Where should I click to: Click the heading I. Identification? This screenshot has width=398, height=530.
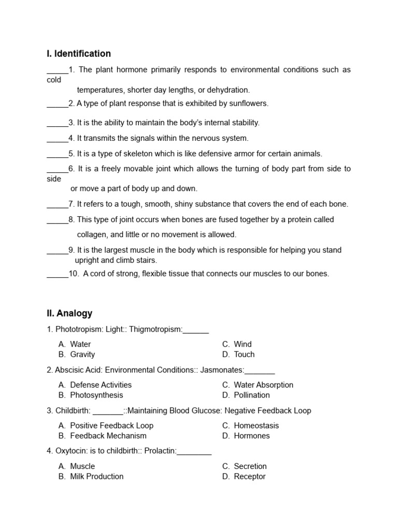pyautogui.click(x=79, y=54)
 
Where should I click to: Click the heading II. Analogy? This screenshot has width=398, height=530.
pyautogui.click(x=69, y=313)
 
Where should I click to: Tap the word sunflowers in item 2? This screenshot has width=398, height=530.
pyautogui.click(x=248, y=104)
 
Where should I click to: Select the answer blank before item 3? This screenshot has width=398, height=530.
pyautogui.click(x=58, y=123)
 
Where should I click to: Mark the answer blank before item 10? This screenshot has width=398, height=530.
pyautogui.click(x=58, y=274)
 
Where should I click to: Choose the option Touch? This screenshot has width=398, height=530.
pyautogui.click(x=244, y=355)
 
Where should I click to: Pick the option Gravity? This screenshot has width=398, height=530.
pyautogui.click(x=82, y=355)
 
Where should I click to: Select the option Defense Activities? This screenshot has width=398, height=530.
pyautogui.click(x=101, y=385)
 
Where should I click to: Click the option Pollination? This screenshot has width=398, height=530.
pyautogui.click(x=252, y=395)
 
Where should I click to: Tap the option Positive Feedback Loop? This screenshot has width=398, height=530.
pyautogui.click(x=111, y=425)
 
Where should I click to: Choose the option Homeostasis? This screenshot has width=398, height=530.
pyautogui.click(x=256, y=425)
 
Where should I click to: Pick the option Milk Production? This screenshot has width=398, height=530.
pyautogui.click(x=96, y=477)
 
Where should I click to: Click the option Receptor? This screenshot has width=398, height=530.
pyautogui.click(x=249, y=477)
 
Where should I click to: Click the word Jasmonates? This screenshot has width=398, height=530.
pyautogui.click(x=222, y=370)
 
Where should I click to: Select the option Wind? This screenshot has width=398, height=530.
pyautogui.click(x=243, y=344)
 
